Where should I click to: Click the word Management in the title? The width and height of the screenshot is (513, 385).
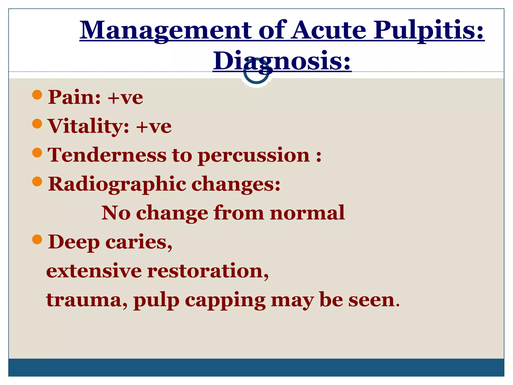click(x=165, y=31)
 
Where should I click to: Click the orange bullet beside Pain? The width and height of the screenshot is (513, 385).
click(x=37, y=95)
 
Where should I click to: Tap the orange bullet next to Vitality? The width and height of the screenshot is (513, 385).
click(x=37, y=124)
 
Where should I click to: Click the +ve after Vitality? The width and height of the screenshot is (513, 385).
click(x=154, y=126)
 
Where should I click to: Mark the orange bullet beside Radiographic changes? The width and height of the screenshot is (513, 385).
click(x=37, y=181)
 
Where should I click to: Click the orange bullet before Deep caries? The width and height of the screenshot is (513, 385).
click(x=37, y=239)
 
